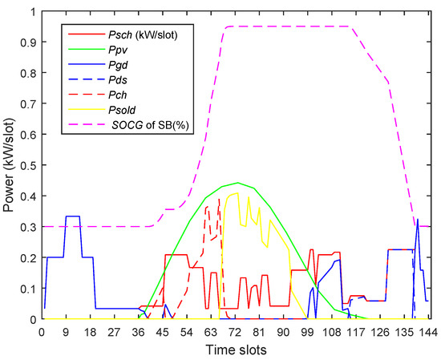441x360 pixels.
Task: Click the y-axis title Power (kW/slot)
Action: pos(10,166)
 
